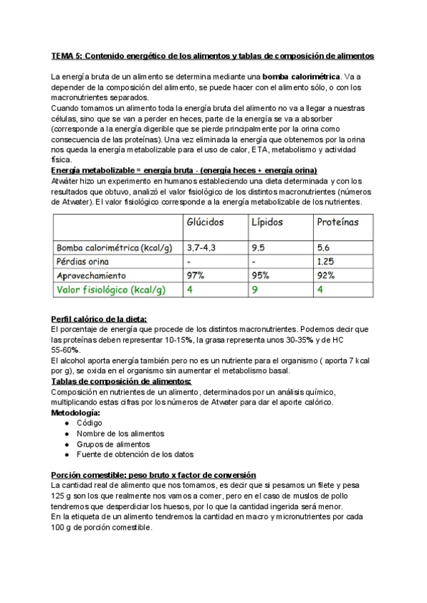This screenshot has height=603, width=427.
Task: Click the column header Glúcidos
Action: (x=205, y=222)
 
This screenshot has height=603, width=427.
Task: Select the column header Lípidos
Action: (x=267, y=222)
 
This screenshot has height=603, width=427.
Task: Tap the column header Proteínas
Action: (x=337, y=222)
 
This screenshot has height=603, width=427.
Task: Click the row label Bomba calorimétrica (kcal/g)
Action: (x=114, y=247)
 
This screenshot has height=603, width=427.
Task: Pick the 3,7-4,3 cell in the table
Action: (x=201, y=247)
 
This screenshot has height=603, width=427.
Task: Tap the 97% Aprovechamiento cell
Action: (x=196, y=275)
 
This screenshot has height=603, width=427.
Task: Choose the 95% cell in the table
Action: (x=260, y=275)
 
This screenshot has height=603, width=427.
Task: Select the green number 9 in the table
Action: (x=253, y=289)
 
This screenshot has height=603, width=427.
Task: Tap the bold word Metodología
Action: (x=76, y=412)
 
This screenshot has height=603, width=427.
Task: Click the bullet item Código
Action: (x=90, y=423)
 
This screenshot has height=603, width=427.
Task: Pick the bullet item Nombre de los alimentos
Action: (x=120, y=434)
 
